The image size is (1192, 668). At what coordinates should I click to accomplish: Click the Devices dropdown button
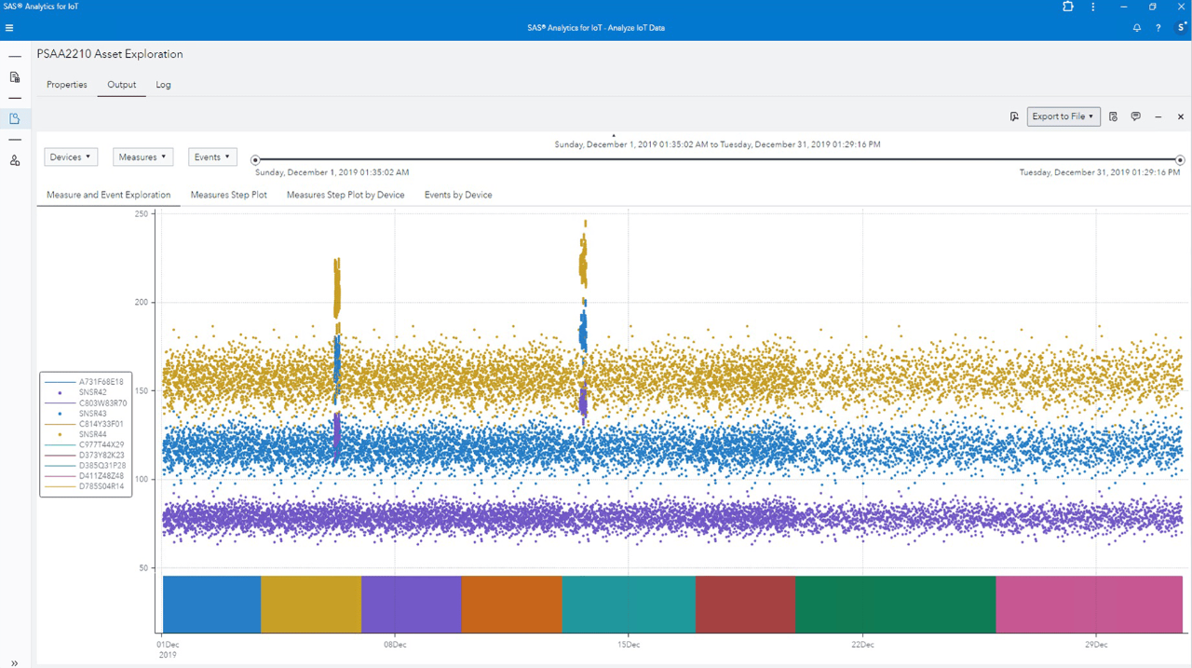coord(71,157)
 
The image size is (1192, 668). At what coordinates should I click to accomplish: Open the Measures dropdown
coord(142,157)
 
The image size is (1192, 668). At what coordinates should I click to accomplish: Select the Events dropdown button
coord(212,157)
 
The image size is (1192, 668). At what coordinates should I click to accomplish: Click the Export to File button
coord(1063,116)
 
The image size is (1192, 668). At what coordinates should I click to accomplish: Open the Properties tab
coord(67,85)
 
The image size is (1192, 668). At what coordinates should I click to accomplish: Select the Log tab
coord(163,85)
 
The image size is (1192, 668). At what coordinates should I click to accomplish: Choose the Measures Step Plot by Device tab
coord(345,195)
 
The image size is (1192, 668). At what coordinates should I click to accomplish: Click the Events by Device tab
coord(458,195)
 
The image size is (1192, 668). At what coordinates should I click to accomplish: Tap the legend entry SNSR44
coord(92,434)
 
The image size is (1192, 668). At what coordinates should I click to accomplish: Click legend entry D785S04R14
coord(101,486)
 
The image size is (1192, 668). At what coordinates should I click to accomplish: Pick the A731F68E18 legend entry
coord(101,382)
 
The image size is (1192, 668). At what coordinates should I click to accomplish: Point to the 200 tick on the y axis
coord(142,303)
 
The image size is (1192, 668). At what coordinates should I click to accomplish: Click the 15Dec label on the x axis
coord(629,644)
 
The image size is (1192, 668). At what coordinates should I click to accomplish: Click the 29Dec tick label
coord(1096,644)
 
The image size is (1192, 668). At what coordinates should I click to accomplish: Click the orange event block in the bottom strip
coord(511,604)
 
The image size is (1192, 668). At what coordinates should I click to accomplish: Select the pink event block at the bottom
coord(1089,604)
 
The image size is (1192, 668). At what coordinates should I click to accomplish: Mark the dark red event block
coord(745,604)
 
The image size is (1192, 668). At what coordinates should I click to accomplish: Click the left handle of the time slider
coord(255,160)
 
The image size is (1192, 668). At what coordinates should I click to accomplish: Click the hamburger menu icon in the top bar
coord(9,28)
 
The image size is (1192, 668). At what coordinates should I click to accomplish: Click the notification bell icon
coord(1136,28)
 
